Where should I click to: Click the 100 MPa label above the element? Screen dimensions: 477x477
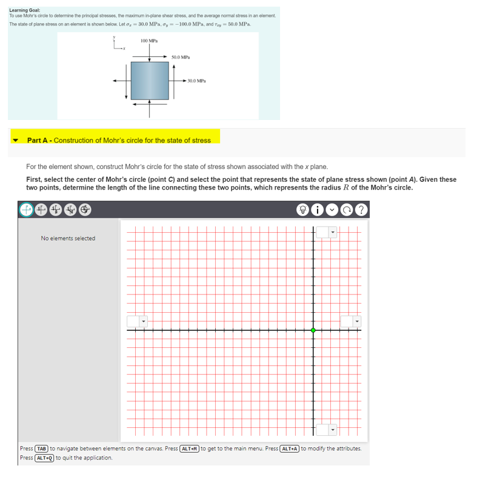point(149,40)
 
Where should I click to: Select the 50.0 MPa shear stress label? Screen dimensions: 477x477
point(181,57)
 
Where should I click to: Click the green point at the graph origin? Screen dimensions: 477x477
point(313,330)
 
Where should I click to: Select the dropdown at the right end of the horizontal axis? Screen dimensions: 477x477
point(350,321)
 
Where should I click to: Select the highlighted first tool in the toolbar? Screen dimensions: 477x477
point(27,210)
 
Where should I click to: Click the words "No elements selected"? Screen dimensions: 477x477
point(68,238)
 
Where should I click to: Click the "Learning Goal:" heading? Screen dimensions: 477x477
point(25,10)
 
